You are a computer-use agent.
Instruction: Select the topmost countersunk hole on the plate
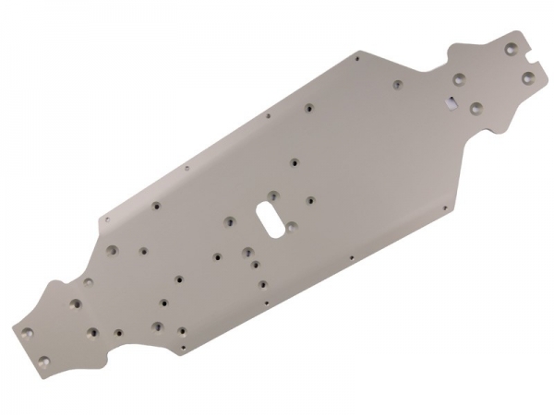pos(511,46)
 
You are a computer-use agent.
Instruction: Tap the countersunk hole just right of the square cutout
pos(476,108)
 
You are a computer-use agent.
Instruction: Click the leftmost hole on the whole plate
pos(27,331)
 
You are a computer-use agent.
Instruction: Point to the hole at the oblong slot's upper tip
pos(276,195)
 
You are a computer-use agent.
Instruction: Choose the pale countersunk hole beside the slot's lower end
pos(292,226)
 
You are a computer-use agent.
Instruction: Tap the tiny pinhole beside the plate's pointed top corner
pos(355,57)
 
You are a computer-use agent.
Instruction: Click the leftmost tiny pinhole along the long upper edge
pos(106,219)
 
